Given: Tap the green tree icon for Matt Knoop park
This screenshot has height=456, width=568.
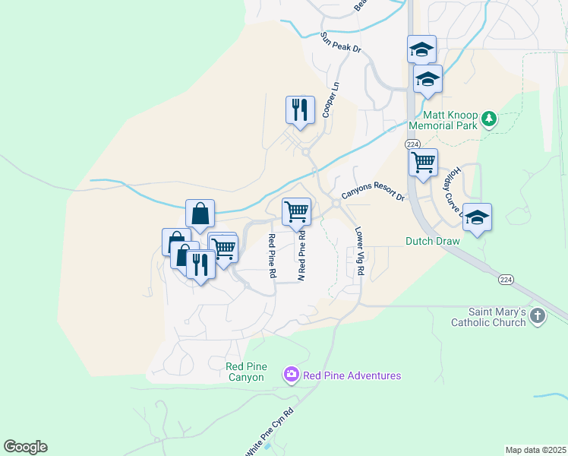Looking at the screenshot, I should pos(489,119).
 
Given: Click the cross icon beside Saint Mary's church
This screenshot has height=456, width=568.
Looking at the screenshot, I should pos(538,315).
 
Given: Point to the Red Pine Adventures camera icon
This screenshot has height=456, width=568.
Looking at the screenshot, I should pos(291,375).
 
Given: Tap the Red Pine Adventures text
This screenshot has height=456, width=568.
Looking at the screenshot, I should pos(352,375).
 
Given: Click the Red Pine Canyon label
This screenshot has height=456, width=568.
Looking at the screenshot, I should pos(245,372).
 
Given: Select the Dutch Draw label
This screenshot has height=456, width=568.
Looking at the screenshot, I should pos(432,241).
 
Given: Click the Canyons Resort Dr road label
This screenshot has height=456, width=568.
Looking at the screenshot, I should pos(373,195).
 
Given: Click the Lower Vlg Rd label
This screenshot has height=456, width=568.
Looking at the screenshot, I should pos(358,254).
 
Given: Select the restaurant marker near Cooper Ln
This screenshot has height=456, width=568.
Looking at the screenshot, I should pos(300,109).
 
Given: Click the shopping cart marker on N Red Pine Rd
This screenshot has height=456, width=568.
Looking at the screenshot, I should pos(296,211).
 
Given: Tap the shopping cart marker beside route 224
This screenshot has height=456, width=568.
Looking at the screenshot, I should pos(423,162).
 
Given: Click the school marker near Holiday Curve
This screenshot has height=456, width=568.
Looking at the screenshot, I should pos(477,217).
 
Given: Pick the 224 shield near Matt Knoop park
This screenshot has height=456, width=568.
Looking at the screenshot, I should pos(412,144).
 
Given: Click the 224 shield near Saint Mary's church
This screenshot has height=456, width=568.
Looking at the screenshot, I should pos(505,280).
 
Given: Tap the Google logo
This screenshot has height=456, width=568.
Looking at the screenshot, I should pos(25,447).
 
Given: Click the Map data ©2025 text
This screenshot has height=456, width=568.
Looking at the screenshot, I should pos(535,450).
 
